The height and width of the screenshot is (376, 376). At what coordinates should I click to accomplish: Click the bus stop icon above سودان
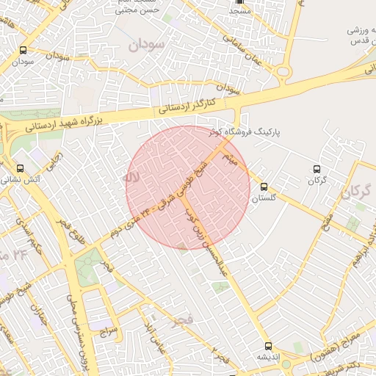(23, 51)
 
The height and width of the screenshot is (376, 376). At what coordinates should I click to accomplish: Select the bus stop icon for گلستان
(264, 187)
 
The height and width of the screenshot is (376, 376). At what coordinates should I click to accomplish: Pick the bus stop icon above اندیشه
(267, 345)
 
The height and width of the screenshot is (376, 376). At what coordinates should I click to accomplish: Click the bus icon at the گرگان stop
(317, 169)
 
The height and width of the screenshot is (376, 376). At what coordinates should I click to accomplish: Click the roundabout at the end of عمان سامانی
(283, 71)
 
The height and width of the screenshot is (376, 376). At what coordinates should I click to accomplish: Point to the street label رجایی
(52, 159)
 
